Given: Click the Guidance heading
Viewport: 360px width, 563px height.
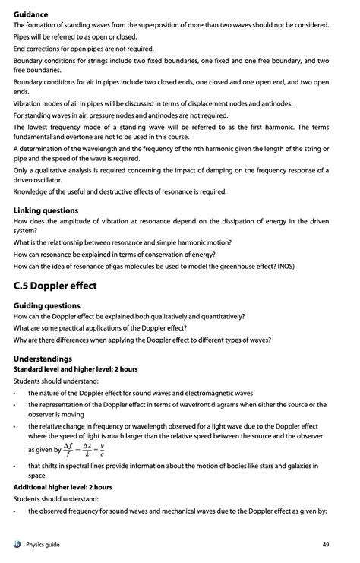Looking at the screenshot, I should pyautogui.click(x=30, y=14).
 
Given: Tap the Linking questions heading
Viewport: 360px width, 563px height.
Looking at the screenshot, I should pyautogui.click(x=46, y=210).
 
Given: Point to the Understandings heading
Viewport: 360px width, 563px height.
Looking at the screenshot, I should pyautogui.click(x=43, y=358).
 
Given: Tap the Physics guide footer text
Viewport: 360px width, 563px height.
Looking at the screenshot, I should pyautogui.click(x=43, y=544).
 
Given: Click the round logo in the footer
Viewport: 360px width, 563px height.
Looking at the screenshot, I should pyautogui.click(x=17, y=544).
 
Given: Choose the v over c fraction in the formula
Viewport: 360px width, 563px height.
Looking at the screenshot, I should pyautogui.click(x=112, y=448).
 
